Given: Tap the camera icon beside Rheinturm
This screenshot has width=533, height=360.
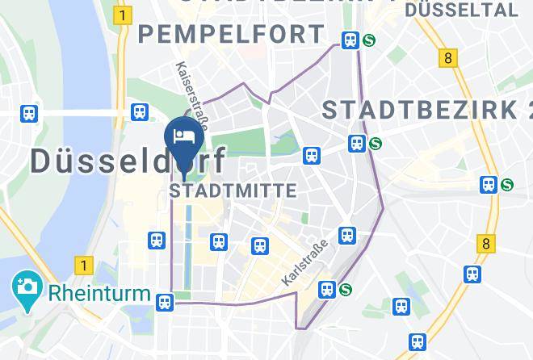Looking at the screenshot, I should click(27, 287).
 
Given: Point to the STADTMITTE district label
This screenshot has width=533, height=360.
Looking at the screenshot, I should click(233, 190).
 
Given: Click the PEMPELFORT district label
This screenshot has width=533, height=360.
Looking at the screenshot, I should click(231, 34).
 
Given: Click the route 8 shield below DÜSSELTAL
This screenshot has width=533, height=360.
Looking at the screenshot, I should click(448, 57).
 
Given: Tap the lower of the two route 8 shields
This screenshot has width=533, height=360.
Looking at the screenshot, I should click(485, 242).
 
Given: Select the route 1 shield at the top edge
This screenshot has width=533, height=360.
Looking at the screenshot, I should click(123, 15).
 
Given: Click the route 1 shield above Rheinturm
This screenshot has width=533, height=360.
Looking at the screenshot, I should click(82, 264).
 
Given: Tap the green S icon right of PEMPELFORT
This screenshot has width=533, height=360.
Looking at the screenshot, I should click(370, 40).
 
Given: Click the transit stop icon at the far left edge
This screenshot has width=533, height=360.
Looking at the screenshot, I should click(30, 114).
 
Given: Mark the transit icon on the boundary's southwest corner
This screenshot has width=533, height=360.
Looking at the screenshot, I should click(165, 302).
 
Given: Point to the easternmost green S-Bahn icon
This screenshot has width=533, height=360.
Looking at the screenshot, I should click(506, 185).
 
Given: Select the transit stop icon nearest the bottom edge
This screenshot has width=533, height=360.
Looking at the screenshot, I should click(416, 342).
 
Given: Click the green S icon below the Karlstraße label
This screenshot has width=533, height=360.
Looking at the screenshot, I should click(346, 289).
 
